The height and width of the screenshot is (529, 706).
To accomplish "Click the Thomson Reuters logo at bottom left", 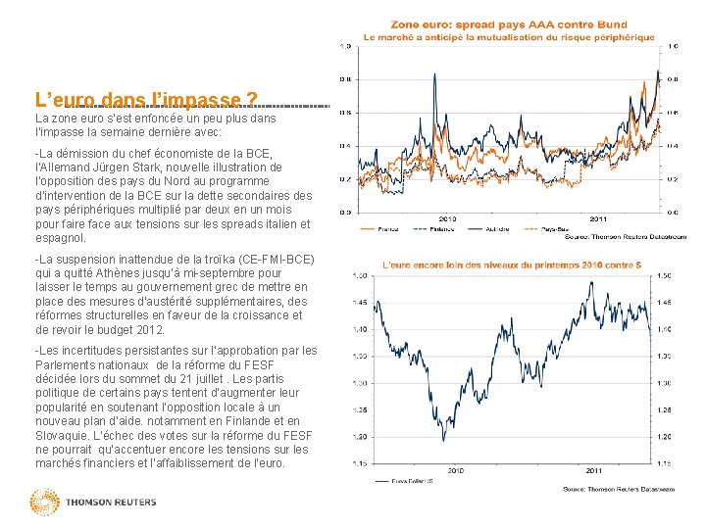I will tap(93, 503).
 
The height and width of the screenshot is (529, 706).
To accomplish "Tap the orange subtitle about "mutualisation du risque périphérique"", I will tap(509, 36).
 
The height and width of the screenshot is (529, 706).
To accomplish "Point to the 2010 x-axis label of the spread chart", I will tap(449, 217).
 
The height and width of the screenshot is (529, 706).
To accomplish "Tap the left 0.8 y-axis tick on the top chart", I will tap(346, 79).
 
